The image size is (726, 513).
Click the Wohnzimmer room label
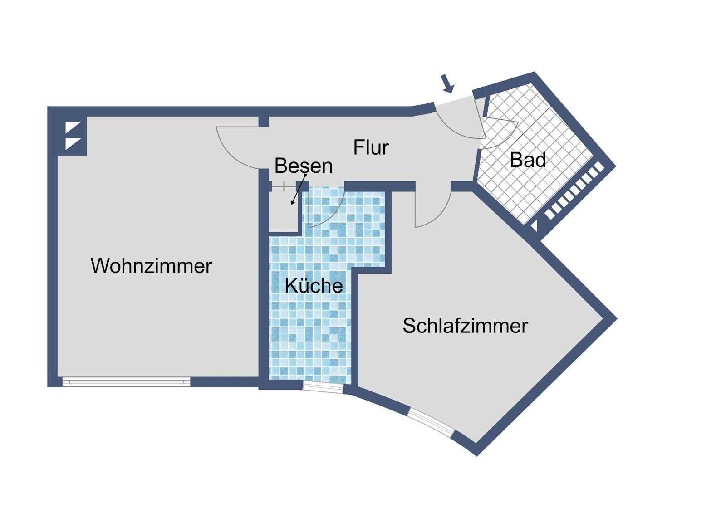151,266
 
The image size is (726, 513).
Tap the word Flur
371,147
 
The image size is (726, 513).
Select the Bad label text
528,160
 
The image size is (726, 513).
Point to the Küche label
314,285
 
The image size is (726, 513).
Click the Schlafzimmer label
466,326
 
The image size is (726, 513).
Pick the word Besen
304,166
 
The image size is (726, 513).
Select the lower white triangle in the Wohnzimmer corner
73,143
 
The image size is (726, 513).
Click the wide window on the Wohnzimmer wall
127,381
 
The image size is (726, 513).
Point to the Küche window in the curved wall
323,388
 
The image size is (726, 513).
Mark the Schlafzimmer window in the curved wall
431,422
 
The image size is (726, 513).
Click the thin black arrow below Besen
299,190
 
